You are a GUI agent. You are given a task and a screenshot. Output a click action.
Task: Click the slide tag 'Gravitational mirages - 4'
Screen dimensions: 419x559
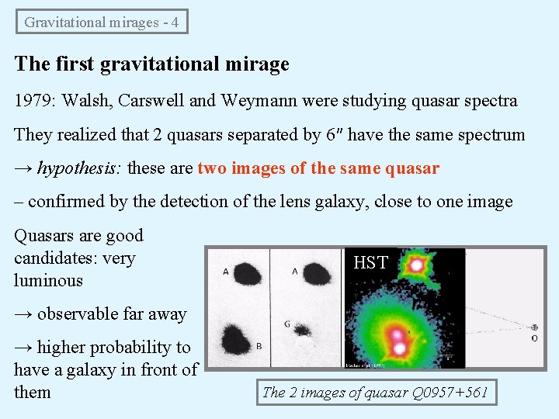coord(102,22)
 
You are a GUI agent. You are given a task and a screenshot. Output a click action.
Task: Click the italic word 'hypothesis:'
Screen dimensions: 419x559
coord(81,168)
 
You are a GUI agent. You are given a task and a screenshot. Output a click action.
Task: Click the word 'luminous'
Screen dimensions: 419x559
coord(48,280)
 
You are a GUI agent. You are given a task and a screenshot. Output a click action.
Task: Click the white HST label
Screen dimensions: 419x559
coord(370,263)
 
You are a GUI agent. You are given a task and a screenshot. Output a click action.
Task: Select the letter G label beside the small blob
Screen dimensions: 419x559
coord(288,323)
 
